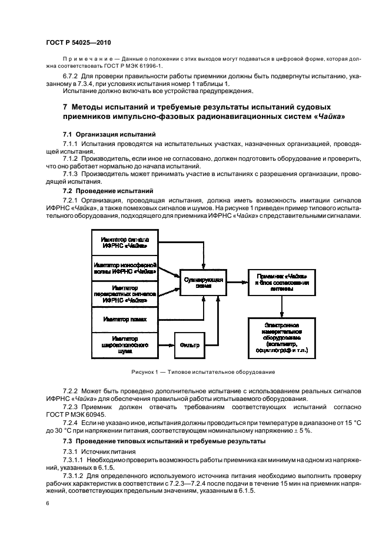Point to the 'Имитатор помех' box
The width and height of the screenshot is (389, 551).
pyautogui.click(x=124, y=318)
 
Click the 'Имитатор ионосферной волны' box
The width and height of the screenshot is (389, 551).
pyautogui.click(x=124, y=267)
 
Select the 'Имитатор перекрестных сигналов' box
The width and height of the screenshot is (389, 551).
pyautogui.click(x=124, y=293)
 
